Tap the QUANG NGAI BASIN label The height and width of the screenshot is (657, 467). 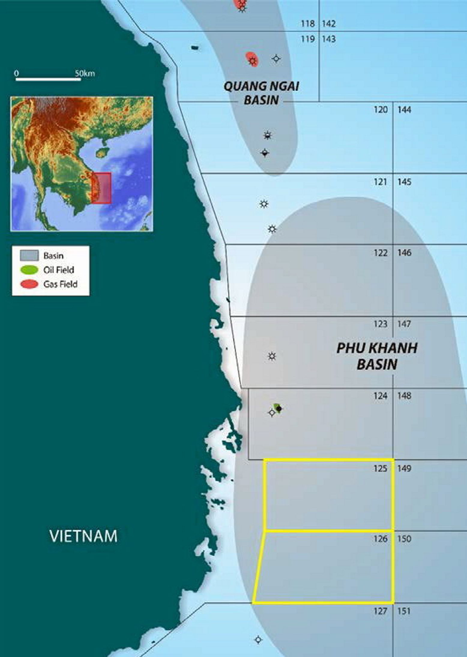pos(261,93)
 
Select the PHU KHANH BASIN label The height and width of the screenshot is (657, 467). pos(377,356)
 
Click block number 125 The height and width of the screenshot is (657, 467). pos(380,468)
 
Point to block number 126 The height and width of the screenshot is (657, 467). pos(380,539)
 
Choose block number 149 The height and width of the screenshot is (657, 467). pos(404,468)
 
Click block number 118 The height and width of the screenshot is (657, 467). pos(308,23)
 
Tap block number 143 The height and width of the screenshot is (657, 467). pos(329,39)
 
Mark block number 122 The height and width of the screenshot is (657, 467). pos(380,253)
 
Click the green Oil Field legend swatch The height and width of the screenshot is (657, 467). pos(29,270)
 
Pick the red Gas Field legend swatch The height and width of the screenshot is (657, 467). pos(29,284)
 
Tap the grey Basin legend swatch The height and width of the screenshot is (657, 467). pos(29,256)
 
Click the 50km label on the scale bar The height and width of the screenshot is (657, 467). pos(85,73)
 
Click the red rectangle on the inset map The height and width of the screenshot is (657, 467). pos(101,188)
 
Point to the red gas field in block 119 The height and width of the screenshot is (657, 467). pos(251,59)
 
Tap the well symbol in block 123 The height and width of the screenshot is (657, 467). pos(272,356)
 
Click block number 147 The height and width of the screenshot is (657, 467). pos(404,324)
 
